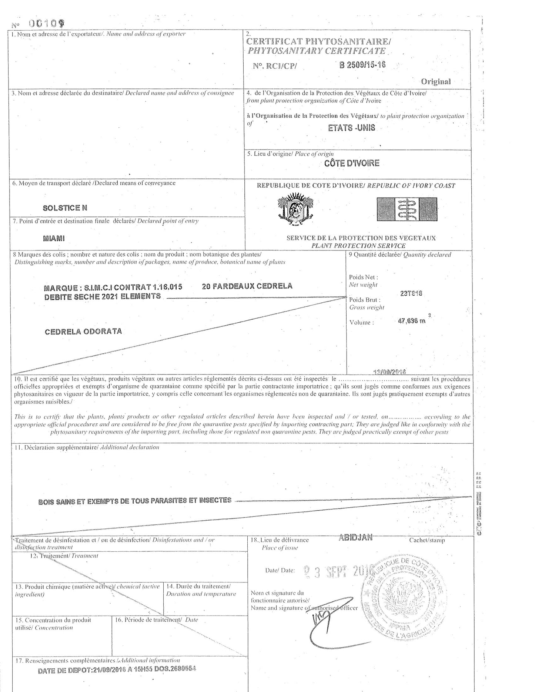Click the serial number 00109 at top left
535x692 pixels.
point(47,24)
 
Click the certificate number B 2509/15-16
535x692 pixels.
point(362,64)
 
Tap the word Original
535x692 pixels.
point(436,81)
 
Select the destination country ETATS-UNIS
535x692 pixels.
point(351,128)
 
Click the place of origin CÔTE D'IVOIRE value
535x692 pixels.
point(352,163)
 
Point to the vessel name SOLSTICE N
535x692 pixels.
point(65,208)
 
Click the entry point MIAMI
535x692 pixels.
point(54,238)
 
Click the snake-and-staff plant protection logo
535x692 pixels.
point(407,210)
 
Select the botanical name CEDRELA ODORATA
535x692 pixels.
point(83,331)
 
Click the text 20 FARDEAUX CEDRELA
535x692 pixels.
point(247,286)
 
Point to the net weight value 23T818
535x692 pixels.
point(411,293)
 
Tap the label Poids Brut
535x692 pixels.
point(364,300)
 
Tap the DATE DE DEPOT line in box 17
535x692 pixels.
point(117,669)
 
